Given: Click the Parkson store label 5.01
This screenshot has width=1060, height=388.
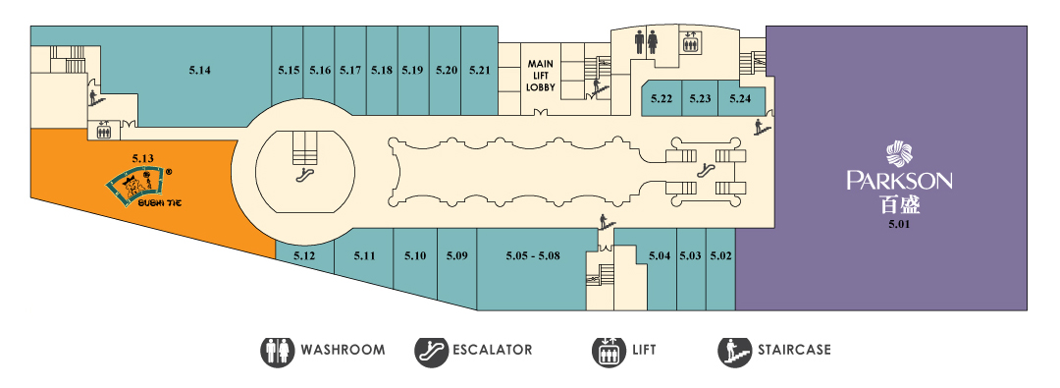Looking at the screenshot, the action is pos(899,223).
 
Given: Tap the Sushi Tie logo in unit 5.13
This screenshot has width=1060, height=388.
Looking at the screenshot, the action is pos(139,188).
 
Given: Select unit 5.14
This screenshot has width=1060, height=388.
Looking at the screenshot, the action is pos(199,70).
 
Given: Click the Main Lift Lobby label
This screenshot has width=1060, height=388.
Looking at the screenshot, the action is pos(541,76).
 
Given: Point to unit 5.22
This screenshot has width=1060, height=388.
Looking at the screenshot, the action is pos(662,98).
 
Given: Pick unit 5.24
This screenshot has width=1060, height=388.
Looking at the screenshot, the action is pos(741,98).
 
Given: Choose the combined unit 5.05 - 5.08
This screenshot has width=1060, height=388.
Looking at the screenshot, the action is pos(533,256).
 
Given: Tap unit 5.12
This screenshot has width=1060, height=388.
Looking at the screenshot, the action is pos(305,256).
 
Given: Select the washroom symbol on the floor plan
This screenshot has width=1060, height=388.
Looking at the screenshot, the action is pos(646,40).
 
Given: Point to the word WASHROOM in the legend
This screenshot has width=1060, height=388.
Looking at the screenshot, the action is pos(343,350).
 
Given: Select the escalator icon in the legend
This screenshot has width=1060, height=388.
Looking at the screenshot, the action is pos(431,351).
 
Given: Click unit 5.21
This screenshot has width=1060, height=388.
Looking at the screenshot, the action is pos(479,71).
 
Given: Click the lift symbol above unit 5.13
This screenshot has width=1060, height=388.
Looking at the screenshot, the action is pos(103,130).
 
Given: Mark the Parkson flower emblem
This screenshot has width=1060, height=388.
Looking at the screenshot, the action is pos(899,154).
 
